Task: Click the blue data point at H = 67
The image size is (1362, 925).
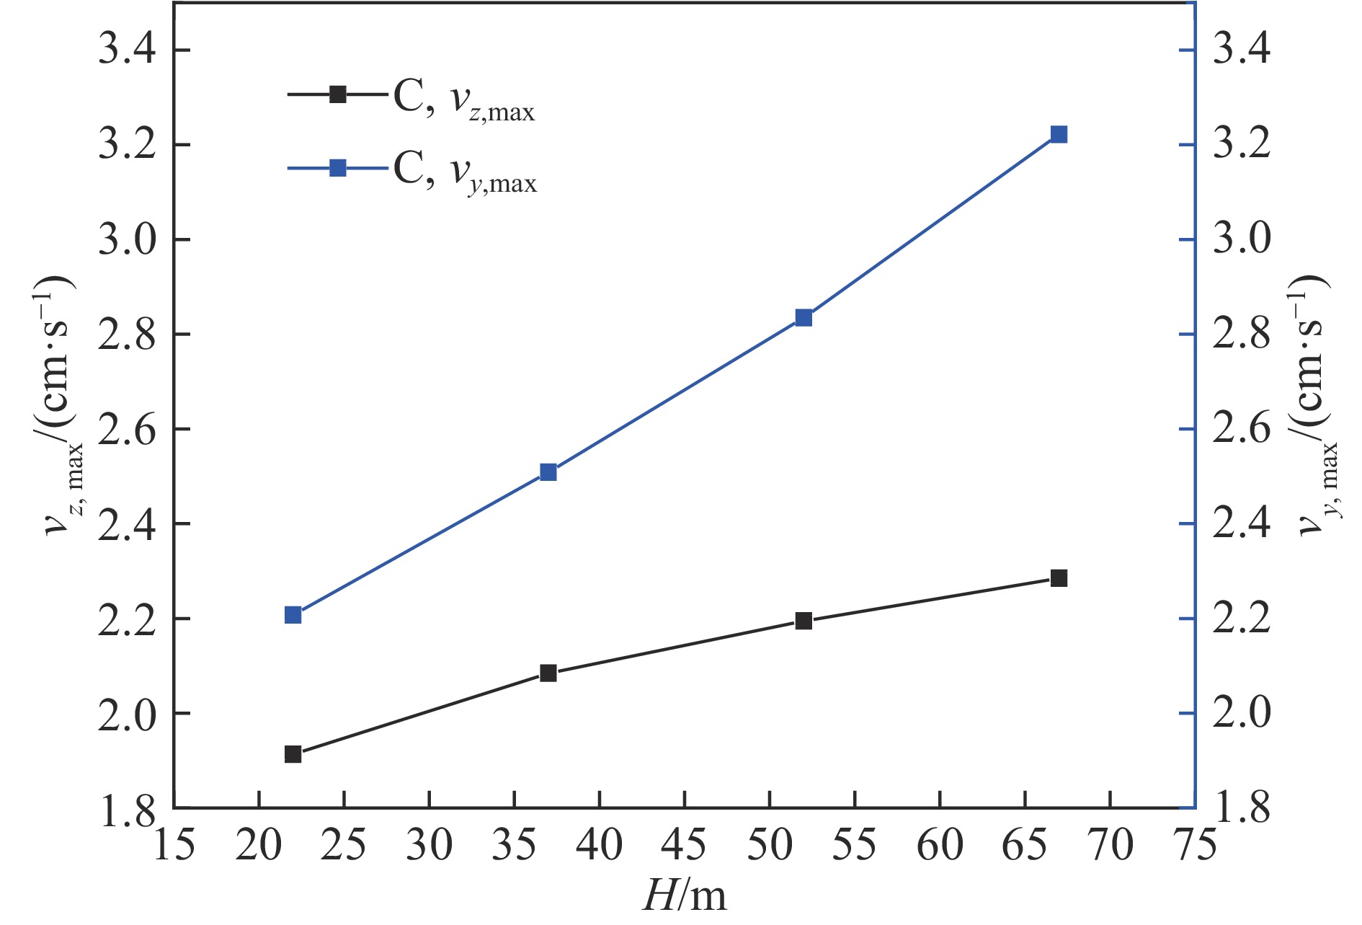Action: [1059, 135]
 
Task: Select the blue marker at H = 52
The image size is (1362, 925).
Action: [804, 318]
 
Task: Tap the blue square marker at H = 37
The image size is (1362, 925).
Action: [548, 472]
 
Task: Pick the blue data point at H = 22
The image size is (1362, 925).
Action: [293, 615]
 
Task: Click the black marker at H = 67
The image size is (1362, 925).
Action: [1059, 578]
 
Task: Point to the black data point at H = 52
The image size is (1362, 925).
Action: [804, 621]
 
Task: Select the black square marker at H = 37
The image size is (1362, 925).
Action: [548, 673]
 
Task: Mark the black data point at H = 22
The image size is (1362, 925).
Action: [293, 754]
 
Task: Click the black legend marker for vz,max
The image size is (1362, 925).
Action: [337, 94]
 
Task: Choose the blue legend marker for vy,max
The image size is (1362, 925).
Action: [337, 169]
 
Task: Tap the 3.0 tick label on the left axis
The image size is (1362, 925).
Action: [127, 240]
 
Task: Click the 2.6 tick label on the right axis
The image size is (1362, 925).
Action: [1242, 430]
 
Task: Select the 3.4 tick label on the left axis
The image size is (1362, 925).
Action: [127, 50]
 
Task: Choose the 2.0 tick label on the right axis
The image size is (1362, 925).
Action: [1242, 714]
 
